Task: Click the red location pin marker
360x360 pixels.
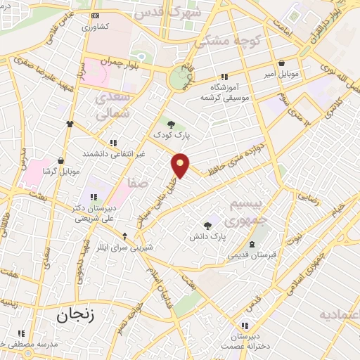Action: (x=181, y=165)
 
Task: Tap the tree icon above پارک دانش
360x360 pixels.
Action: (x=207, y=226)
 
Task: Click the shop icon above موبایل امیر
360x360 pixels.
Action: (x=281, y=63)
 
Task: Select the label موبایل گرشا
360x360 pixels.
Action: (x=60, y=171)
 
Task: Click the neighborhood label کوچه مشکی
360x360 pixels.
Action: (x=226, y=41)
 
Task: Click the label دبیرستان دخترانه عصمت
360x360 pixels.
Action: (x=244, y=341)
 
